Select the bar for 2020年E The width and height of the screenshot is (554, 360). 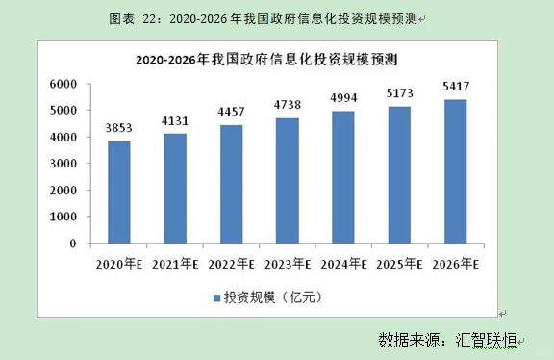119,193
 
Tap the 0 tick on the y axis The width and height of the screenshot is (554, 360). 73,244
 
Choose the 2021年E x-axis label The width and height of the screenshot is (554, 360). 175,263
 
